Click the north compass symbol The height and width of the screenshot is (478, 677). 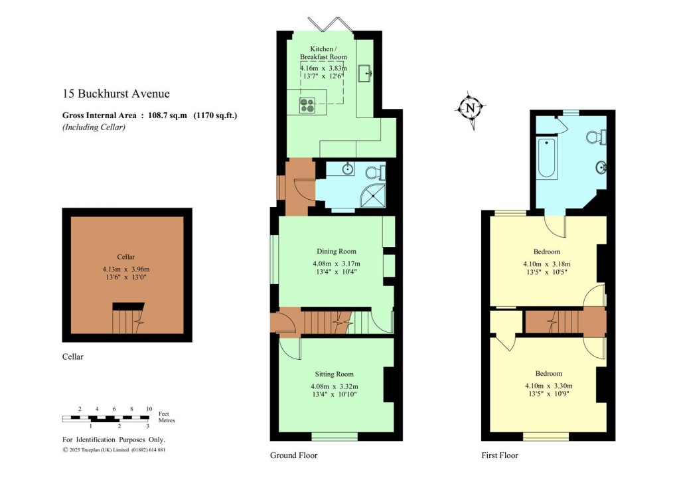pos(471,108)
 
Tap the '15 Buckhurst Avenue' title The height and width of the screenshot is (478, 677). pos(116,94)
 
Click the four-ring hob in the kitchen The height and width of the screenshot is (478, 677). pos(309,103)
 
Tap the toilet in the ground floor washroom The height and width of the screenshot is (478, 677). pos(376,173)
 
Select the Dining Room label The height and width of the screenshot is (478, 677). pos(336,252)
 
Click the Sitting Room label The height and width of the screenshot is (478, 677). pos(335,374)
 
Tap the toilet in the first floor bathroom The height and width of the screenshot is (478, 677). pos(595,137)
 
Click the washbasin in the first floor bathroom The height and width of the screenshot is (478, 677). pos(602,167)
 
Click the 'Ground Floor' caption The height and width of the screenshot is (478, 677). pos(293,455)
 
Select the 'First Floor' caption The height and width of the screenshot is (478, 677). pos(500,455)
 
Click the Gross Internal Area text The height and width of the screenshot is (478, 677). pos(149,116)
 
